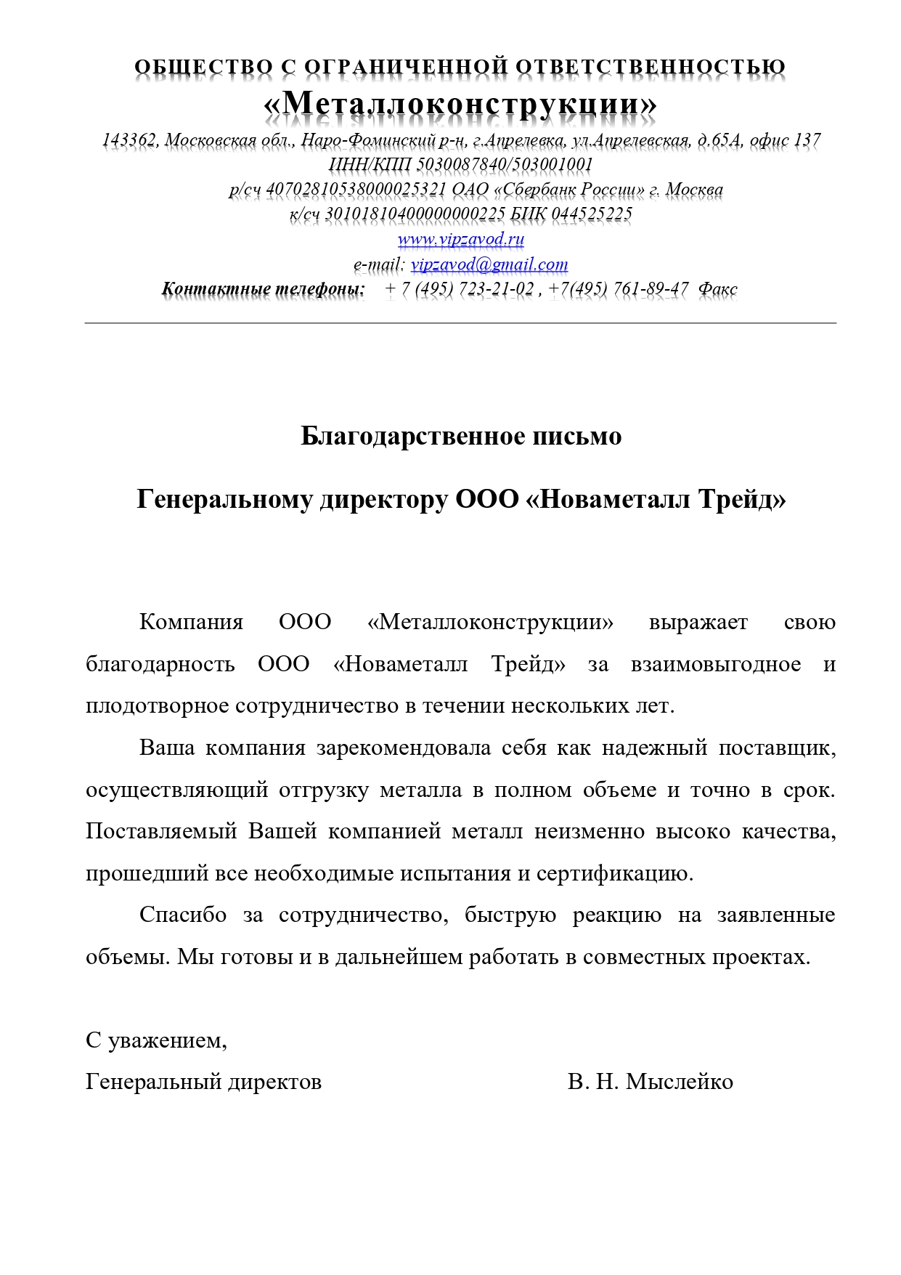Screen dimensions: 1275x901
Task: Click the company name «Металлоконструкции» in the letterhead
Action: pyautogui.click(x=460, y=104)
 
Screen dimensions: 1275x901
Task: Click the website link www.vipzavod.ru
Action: pyautogui.click(x=460, y=239)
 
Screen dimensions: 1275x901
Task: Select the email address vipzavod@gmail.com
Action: pyautogui.click(x=489, y=264)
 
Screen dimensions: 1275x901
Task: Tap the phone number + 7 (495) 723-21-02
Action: pyautogui.click(x=460, y=289)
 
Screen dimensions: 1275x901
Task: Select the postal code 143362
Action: pyautogui.click(x=129, y=139)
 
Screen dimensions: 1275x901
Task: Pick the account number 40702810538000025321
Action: pyautogui.click(x=356, y=190)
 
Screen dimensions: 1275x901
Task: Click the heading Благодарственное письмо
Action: pyautogui.click(x=461, y=436)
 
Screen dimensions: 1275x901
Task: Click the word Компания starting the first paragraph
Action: pyautogui.click(x=191, y=623)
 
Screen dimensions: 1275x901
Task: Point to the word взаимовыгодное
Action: pyautogui.click(x=715, y=665)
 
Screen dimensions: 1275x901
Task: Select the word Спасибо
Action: pyautogui.click(x=183, y=915)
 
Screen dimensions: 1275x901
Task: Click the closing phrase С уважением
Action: pyautogui.click(x=156, y=1041)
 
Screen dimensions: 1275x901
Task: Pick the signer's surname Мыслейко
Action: pyautogui.click(x=680, y=1082)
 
